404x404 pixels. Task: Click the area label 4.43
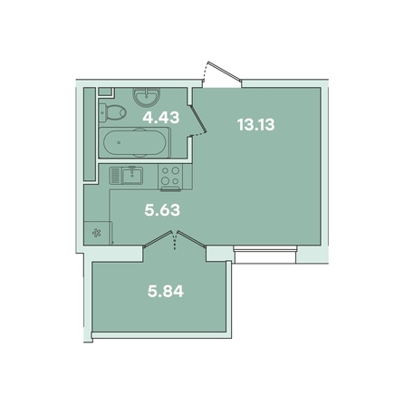pyautogui.click(x=161, y=118)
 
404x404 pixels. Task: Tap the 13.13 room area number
pyautogui.click(x=256, y=124)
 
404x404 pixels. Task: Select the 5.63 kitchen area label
pyautogui.click(x=162, y=210)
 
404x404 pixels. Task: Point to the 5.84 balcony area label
pyautogui.click(x=166, y=292)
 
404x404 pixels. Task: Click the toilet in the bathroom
pyautogui.click(x=112, y=112)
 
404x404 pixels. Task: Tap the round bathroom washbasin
pyautogui.click(x=147, y=97)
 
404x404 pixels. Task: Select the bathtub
pyautogui.click(x=135, y=142)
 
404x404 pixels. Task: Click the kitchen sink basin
pyautogui.click(x=132, y=176)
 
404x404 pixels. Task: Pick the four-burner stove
pyautogui.click(x=170, y=176)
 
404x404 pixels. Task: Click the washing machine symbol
pyautogui.click(x=97, y=233)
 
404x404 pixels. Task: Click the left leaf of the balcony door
pyautogui.click(x=158, y=239)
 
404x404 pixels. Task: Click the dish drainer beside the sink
pyautogui.click(x=115, y=176)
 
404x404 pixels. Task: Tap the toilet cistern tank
pyautogui.click(x=102, y=112)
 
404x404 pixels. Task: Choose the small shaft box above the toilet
pyautogui.click(x=105, y=91)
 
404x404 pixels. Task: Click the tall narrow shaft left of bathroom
pyautogui.click(x=90, y=134)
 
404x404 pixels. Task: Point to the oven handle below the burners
pyautogui.click(x=171, y=189)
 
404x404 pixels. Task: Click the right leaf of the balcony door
pyautogui.click(x=191, y=239)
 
